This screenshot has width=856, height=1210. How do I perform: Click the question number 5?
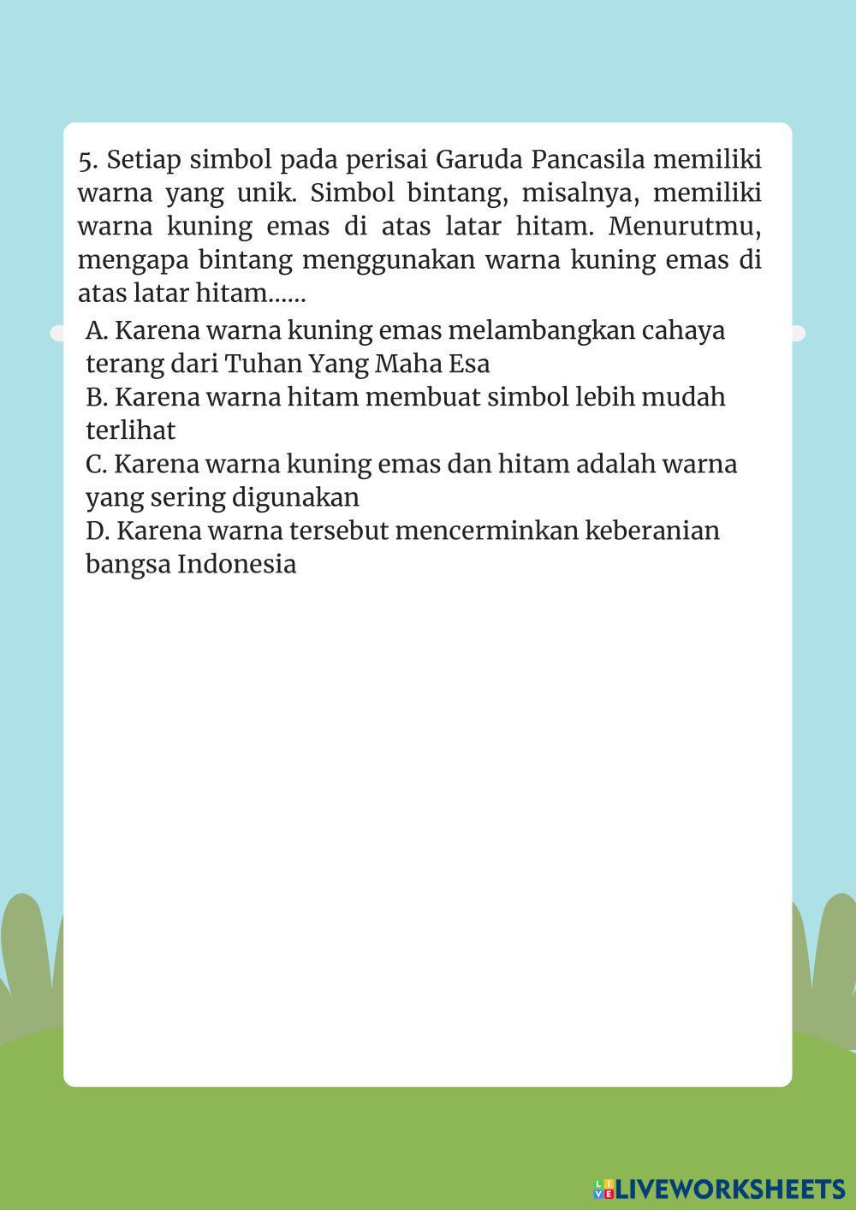point(86,160)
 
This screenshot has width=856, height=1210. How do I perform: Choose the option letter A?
point(96,330)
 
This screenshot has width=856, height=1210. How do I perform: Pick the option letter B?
point(95,397)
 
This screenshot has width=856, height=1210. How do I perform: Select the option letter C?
point(95,464)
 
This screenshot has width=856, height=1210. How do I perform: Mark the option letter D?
point(97,531)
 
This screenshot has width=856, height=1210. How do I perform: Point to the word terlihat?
point(130,430)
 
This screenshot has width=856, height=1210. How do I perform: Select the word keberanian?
point(652,531)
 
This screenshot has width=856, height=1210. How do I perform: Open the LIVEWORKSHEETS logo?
point(718,1188)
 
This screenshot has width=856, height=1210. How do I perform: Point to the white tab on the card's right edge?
point(798,333)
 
